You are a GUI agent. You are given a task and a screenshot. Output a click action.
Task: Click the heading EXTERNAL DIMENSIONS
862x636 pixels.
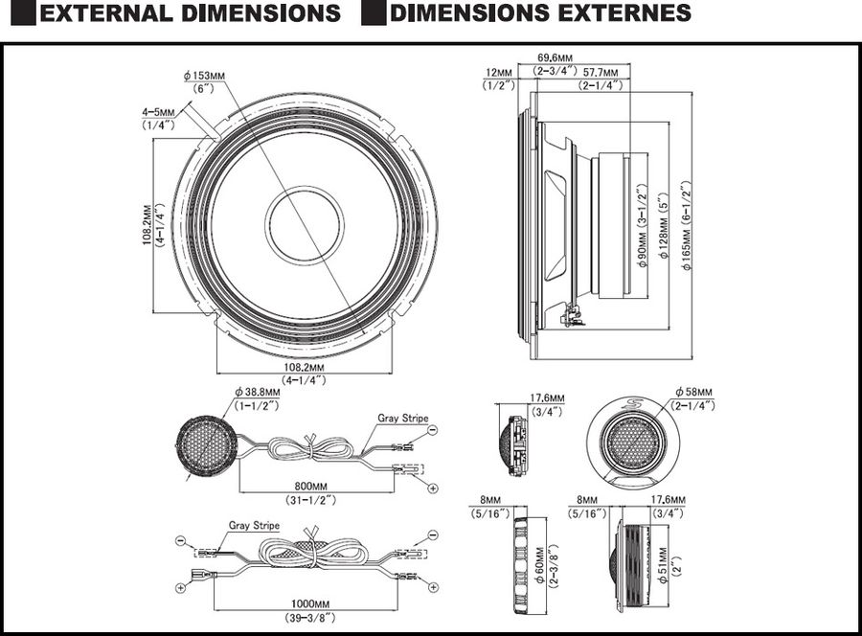(192, 13)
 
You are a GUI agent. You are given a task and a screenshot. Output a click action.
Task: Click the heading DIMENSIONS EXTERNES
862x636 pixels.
(540, 13)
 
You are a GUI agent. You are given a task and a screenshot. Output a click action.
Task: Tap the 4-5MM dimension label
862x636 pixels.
(158, 112)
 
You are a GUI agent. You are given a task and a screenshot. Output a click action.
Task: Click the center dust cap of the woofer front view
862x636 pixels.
(305, 226)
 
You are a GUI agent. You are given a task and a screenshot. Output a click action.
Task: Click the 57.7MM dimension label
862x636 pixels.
(601, 72)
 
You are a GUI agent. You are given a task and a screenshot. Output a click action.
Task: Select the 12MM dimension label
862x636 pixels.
(499, 72)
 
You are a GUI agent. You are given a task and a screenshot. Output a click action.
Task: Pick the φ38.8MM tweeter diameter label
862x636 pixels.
(258, 392)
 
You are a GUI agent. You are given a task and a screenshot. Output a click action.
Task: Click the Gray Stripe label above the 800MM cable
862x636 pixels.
(402, 419)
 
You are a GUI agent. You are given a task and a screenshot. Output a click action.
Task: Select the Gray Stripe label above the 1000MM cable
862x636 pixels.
(254, 526)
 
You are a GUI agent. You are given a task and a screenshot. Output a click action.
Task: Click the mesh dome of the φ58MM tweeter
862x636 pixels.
(633, 443)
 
